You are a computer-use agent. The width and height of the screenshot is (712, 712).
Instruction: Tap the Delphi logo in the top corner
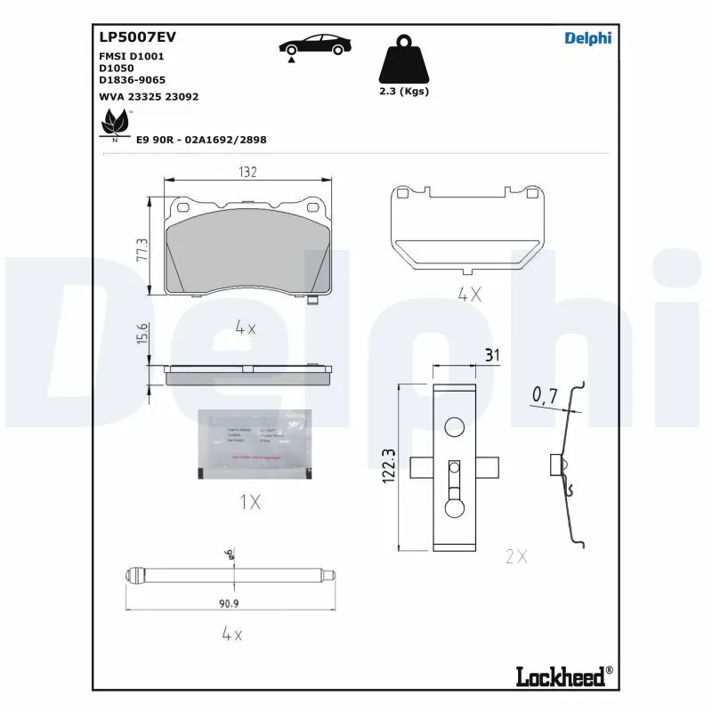(588, 37)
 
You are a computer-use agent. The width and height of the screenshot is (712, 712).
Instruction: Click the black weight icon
(403, 61)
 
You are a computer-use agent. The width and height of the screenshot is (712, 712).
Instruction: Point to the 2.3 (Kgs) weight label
(403, 91)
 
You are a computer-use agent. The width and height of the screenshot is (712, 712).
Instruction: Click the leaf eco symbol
(115, 123)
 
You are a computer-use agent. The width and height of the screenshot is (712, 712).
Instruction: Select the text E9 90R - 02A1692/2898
(201, 140)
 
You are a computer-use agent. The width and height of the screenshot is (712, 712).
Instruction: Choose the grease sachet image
(254, 444)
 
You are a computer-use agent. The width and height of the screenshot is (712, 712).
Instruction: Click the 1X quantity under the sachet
(250, 503)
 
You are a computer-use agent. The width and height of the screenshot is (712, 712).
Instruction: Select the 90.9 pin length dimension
(231, 603)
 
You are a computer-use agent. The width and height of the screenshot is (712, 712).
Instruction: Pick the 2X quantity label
(516, 556)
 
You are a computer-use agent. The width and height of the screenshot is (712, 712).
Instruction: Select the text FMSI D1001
(131, 56)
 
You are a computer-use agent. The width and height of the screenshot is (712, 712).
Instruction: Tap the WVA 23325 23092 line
(149, 95)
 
